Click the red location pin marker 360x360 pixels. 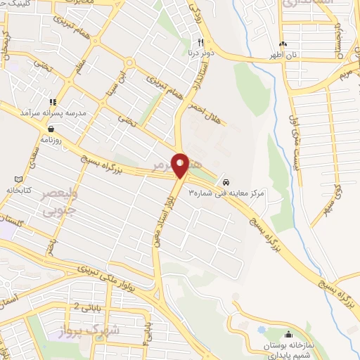(180, 165)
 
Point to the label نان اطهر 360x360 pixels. (284, 53)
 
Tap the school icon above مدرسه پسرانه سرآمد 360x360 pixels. (52, 102)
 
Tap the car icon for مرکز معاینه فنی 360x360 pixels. (225, 179)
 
